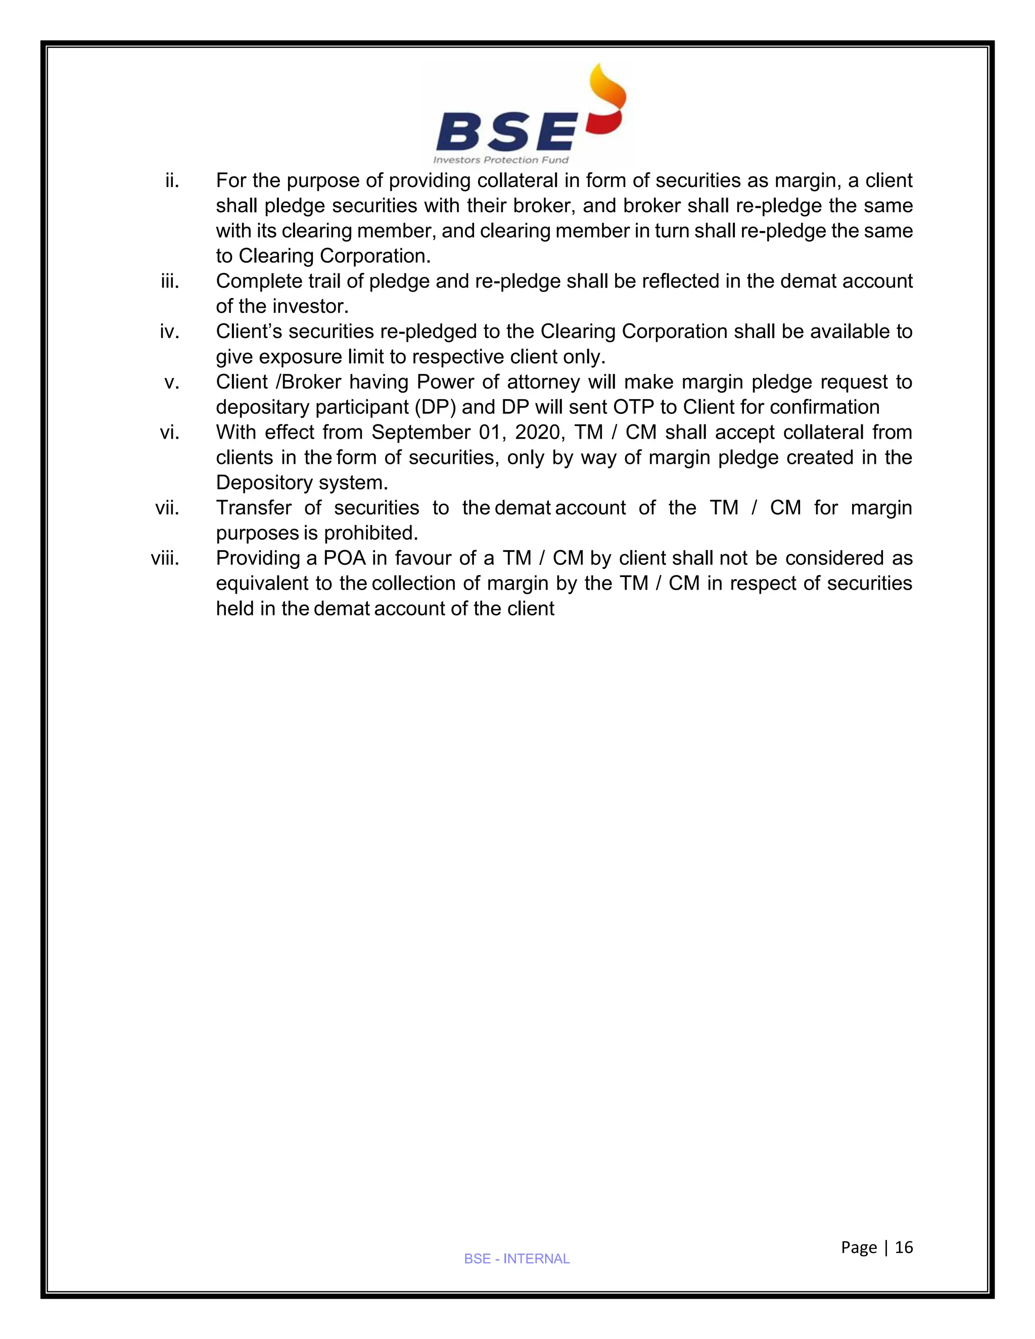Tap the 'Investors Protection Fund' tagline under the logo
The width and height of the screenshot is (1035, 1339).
[x=500, y=160]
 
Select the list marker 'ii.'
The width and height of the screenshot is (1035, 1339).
[x=172, y=181]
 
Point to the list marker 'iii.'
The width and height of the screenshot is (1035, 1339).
[x=169, y=281]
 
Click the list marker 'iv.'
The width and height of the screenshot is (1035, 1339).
[x=169, y=331]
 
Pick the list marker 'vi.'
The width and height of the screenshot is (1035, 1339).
[x=169, y=432]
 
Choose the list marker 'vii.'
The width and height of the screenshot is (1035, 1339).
[x=167, y=508]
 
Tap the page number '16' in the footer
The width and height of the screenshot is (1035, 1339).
[x=904, y=1247]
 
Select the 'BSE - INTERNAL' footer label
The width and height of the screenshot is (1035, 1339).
[x=517, y=1259]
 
